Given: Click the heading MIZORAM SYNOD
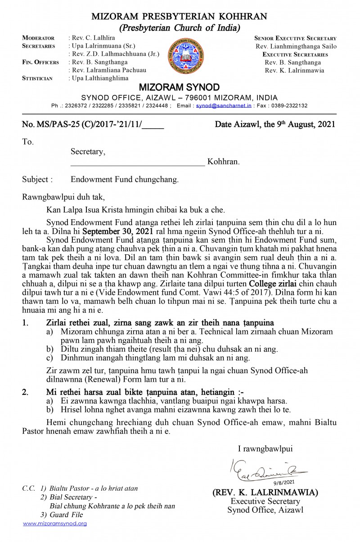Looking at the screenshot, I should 179,87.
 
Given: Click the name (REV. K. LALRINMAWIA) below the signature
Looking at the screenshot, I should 265,492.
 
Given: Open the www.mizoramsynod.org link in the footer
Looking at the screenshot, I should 55,524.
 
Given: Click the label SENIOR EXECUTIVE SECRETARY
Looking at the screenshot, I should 295,38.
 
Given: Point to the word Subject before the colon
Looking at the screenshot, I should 35,179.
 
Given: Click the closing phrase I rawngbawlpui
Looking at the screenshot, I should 265,448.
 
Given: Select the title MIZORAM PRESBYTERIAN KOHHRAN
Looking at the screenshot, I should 179,17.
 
